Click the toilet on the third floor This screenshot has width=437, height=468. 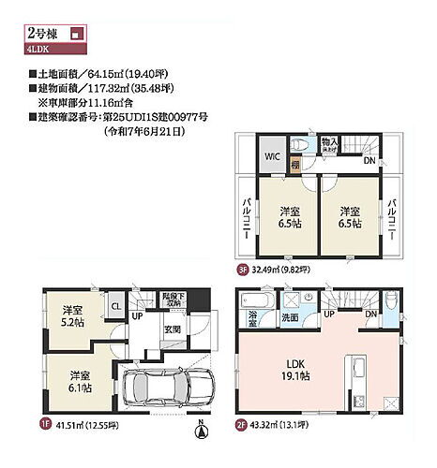pyautogui.click(x=300, y=146)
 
